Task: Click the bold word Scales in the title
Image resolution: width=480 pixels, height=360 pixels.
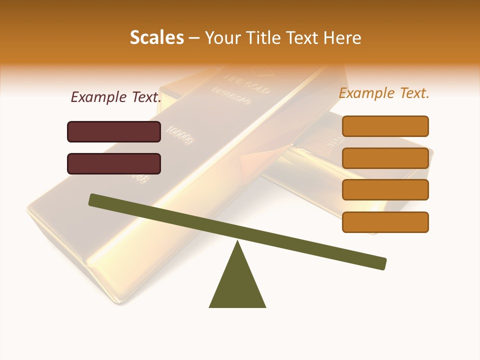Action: tap(156, 37)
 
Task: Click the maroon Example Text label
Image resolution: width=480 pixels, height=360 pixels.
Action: tap(116, 97)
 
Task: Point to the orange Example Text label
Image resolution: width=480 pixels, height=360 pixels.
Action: tap(384, 93)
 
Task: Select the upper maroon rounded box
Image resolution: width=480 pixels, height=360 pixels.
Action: tap(114, 131)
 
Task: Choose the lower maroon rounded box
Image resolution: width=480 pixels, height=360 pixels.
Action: tap(114, 163)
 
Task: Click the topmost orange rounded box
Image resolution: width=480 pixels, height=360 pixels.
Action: tap(385, 126)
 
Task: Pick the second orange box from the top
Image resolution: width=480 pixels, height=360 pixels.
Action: tap(385, 158)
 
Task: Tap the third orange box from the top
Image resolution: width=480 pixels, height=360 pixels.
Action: tap(385, 190)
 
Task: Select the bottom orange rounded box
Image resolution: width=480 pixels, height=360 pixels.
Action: tap(385, 222)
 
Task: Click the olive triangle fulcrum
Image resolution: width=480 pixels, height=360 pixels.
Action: tap(237, 285)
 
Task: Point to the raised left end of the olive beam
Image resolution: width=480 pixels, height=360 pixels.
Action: tap(93, 199)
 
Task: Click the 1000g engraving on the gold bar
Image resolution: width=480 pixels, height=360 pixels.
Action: tap(180, 135)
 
